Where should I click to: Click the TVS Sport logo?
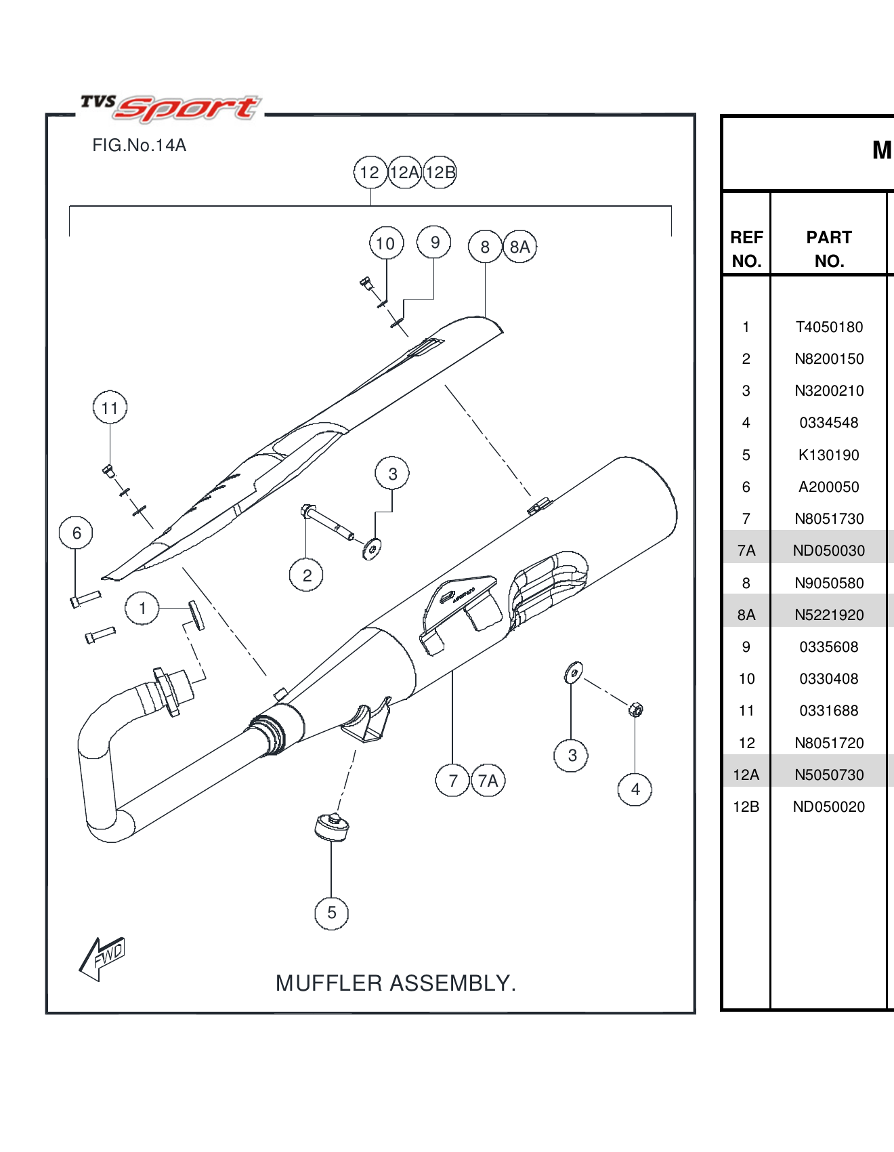pos(169,108)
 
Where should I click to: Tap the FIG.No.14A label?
pos(139,146)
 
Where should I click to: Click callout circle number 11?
pos(110,408)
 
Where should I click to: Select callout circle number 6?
pos(77,533)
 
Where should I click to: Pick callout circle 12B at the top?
pos(440,173)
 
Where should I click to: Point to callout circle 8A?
pos(519,247)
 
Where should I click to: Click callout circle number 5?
pos(331,913)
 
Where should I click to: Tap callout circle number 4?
pos(635,789)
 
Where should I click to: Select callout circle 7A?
pos(488,781)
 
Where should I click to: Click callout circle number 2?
pos(307,576)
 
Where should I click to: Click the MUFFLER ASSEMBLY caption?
pos(396,983)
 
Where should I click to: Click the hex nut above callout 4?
pos(635,709)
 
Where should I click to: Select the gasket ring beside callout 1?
pos(196,615)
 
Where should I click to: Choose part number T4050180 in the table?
pos(829,327)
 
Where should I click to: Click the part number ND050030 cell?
pos(829,551)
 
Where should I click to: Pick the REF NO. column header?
pos(746,249)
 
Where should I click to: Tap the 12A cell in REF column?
pos(746,775)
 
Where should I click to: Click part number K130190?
pos(829,455)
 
